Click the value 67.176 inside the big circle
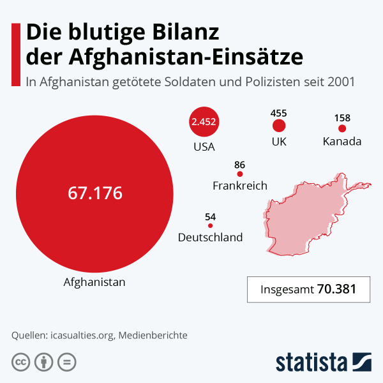95,193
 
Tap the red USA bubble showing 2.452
204,122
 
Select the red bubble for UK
278,126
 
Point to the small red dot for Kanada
342,128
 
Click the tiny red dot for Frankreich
240,174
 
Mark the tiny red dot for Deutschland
211,225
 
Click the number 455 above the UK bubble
278,112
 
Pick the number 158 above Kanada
342,117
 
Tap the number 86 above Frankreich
240,164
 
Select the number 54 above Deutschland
211,216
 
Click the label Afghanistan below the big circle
94,282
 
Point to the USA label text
204,147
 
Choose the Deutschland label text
210,237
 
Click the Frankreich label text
239,186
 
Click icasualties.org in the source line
82,334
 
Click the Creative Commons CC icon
21,362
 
